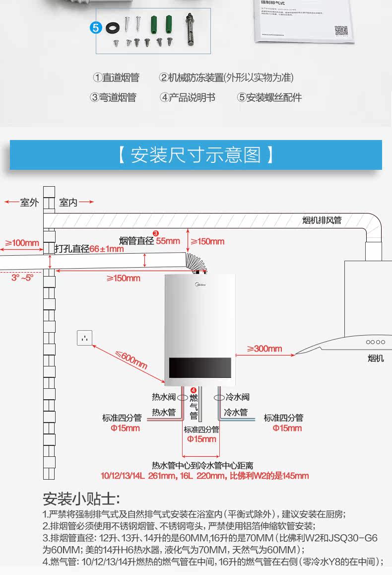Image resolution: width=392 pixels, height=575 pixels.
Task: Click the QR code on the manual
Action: click(341, 30)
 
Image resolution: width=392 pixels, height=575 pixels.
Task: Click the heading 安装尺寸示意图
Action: click(196, 155)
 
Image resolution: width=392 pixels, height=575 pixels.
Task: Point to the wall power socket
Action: click(85, 338)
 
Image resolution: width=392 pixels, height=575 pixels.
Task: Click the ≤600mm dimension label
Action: click(131, 359)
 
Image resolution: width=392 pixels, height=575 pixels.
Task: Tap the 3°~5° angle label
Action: click(22, 278)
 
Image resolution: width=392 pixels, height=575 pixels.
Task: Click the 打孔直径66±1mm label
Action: click(89, 249)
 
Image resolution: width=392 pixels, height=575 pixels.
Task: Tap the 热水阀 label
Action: click(164, 397)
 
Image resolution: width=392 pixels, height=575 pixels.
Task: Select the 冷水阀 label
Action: click(237, 397)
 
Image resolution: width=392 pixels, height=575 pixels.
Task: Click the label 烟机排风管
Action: click(322, 220)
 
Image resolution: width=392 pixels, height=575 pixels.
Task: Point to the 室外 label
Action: click(29, 203)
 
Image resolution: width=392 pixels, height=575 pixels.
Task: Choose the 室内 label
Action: click(68, 203)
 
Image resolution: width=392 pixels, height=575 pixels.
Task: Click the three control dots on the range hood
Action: click(375, 342)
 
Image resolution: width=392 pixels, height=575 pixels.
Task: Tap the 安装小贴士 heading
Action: click(81, 499)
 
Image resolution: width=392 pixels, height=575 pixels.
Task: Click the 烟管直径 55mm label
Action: click(149, 241)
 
